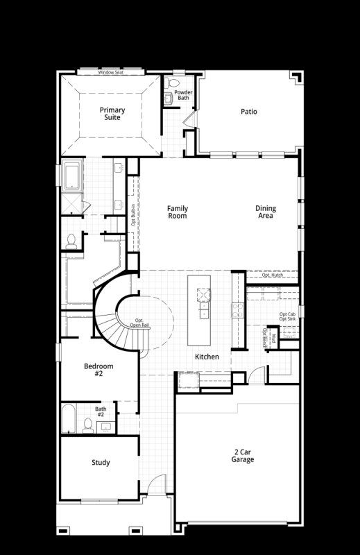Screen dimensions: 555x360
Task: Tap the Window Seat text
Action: [x=110, y=72]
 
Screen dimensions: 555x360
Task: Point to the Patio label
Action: [x=249, y=111]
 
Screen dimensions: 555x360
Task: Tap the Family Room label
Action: [x=178, y=212]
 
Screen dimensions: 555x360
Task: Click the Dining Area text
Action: [x=265, y=212]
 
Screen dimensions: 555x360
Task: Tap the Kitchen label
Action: [x=207, y=357]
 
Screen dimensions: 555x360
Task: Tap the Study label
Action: [x=101, y=463]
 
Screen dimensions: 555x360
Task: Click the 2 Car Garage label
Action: [x=243, y=455]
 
